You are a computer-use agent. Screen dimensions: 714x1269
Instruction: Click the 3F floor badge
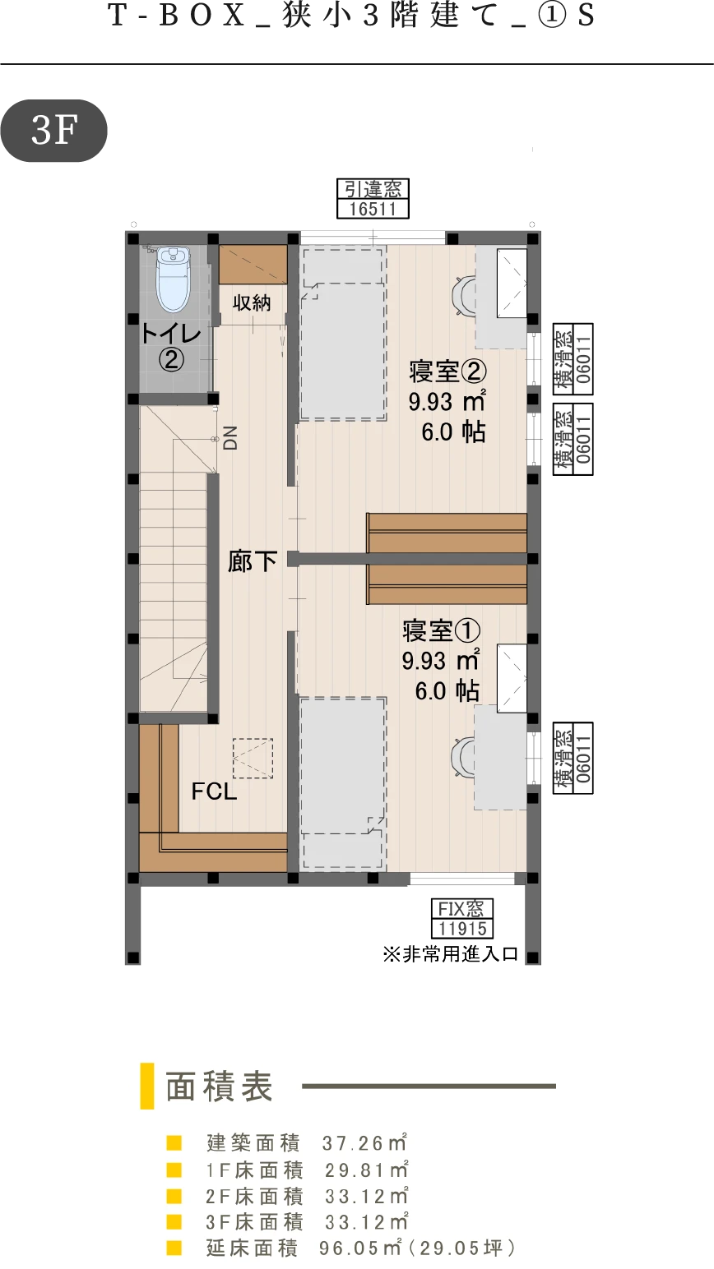pos(53,131)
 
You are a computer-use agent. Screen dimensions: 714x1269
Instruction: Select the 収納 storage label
pos(252,303)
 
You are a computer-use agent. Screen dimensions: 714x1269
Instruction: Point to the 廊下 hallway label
pos(253,561)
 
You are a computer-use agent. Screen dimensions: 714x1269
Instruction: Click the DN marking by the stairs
pos(230,437)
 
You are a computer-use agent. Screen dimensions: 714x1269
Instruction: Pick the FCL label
pos(214,791)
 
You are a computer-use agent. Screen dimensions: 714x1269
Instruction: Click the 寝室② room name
pos(447,371)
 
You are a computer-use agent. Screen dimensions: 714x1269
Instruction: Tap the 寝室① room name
pos(441,630)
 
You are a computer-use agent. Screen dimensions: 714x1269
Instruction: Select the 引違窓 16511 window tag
pos(373,199)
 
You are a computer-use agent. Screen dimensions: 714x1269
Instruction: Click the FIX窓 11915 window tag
pos(462,918)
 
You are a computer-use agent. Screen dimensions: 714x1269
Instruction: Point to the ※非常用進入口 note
pos(450,954)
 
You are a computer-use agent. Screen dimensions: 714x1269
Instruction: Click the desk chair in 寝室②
pos(464,294)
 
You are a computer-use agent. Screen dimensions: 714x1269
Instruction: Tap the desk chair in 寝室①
pos(463,756)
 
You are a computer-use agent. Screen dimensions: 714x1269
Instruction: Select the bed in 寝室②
pos(344,334)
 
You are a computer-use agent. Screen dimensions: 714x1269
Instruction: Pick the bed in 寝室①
pos(343,784)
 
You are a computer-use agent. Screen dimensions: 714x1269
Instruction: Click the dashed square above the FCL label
pos(253,759)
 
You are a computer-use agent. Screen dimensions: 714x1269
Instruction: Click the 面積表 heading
pos(219,1087)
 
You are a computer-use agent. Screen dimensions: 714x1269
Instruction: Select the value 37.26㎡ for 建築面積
pos(364,1143)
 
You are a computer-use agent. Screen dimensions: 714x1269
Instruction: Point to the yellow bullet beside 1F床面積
pos(174,1170)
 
